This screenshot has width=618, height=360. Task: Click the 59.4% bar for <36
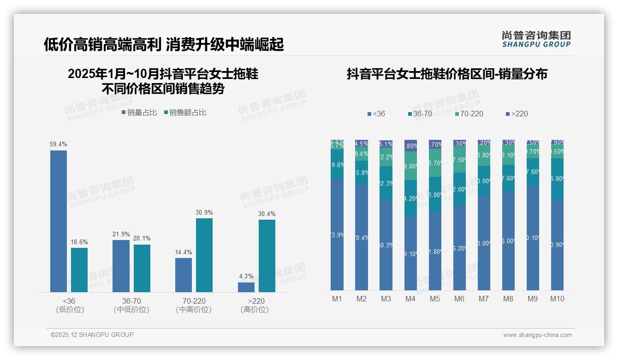coord(59,221)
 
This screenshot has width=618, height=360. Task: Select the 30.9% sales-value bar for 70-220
coord(204,255)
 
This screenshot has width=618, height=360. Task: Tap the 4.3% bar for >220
coord(246,287)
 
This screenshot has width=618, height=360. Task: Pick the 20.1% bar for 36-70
coord(142,268)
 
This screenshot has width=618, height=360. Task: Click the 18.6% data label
coord(79,242)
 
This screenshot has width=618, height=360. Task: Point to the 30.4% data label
coord(267,214)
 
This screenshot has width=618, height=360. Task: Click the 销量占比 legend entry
coord(139,113)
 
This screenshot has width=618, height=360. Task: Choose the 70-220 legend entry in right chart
coord(469,114)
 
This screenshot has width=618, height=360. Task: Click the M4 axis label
coord(410,299)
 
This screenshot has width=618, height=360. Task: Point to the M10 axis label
coord(557,299)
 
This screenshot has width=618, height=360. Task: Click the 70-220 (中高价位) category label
coord(194,305)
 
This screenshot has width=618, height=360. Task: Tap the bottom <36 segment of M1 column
coord(338,234)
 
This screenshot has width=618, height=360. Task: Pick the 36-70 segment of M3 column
coord(386,183)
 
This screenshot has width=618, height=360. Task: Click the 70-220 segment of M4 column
coord(410,166)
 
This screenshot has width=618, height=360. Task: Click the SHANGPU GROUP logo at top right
coord(536,39)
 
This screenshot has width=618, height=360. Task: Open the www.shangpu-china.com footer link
coord(537,335)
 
